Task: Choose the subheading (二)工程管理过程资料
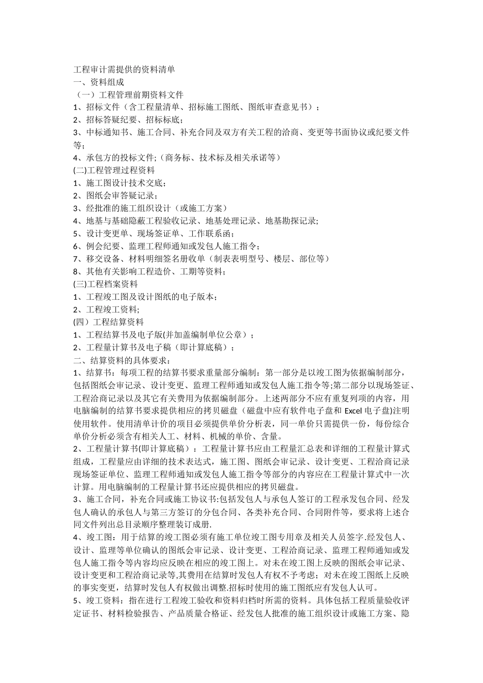tap(114, 170)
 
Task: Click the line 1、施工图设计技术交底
tap(119, 183)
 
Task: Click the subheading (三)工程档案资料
tap(106, 284)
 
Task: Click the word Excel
tap(354, 411)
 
